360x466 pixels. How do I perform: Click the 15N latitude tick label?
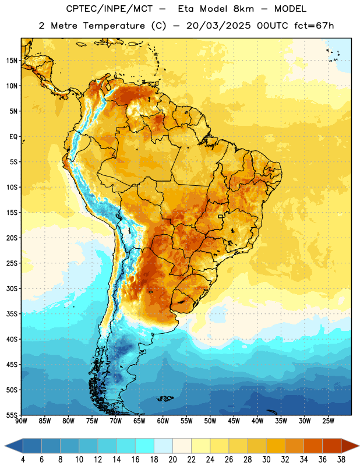click(x=12, y=61)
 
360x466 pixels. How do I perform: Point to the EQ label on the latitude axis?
click(x=13, y=137)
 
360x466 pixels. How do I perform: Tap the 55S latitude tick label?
click(x=12, y=415)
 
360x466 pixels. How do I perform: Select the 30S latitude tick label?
click(x=12, y=288)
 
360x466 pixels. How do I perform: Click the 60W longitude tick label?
click(x=163, y=421)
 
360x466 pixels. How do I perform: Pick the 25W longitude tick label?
click(x=328, y=421)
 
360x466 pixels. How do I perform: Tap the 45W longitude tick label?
click(x=234, y=421)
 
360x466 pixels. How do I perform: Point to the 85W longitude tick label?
click(x=45, y=421)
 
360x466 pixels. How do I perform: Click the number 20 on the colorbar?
click(x=172, y=460)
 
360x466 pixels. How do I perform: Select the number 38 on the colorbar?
click(x=341, y=460)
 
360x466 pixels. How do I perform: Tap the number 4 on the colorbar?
click(x=23, y=460)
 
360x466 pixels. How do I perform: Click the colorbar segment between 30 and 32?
click(x=276, y=446)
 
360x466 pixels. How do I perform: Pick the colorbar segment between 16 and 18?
click(x=144, y=446)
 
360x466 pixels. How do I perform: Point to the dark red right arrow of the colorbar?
click(x=350, y=446)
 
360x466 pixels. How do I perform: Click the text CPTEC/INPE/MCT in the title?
click(x=109, y=9)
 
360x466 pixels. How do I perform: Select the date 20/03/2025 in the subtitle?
click(x=218, y=26)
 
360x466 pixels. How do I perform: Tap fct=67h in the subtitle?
click(x=314, y=26)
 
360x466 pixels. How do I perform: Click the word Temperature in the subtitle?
click(x=114, y=26)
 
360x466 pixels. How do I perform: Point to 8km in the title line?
click(x=243, y=9)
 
